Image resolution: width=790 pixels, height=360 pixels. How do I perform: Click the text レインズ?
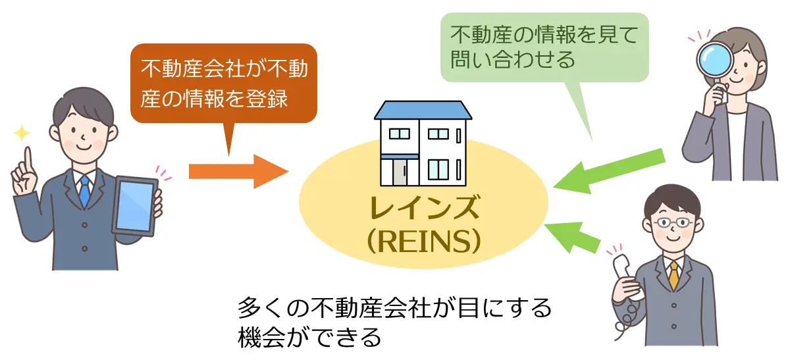(423, 210)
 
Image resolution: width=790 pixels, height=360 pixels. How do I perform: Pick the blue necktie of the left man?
(84, 191)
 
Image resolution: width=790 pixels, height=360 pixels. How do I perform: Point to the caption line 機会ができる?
(309, 338)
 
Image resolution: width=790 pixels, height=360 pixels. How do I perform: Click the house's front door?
(400, 173)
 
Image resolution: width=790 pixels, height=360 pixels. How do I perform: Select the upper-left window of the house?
(399, 134)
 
